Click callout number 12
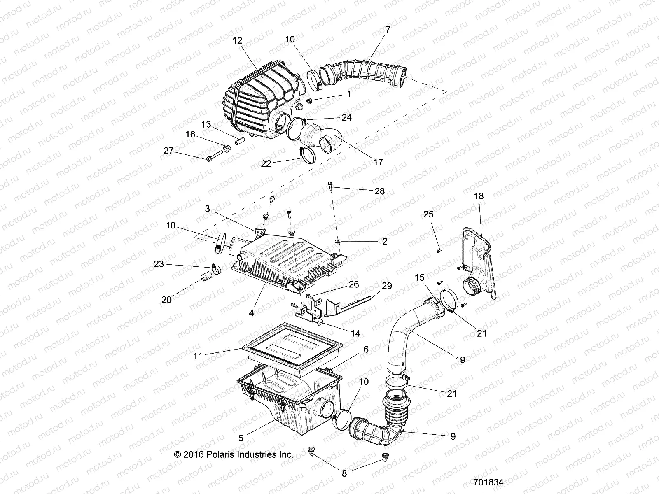(x=238, y=40)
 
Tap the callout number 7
(x=387, y=30)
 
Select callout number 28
(x=379, y=191)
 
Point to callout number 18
(x=479, y=196)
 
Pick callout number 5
(x=241, y=439)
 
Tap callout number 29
(x=387, y=286)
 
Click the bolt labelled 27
(x=210, y=157)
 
